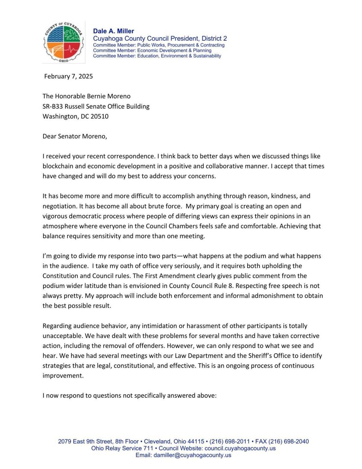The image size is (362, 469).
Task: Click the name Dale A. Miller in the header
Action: tap(113, 31)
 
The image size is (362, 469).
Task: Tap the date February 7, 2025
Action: tap(68, 76)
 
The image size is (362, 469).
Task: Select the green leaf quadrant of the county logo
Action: tap(71, 34)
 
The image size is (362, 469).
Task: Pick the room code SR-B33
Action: tap(53, 106)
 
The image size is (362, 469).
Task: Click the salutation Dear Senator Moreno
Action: tap(75, 136)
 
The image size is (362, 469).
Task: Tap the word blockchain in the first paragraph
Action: tap(57, 166)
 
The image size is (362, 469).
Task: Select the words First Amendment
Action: tap(165, 276)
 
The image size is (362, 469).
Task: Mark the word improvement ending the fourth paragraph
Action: tap(63, 376)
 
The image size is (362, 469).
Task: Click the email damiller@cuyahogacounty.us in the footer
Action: tap(192, 455)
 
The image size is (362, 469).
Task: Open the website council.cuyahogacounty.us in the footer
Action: tap(240, 448)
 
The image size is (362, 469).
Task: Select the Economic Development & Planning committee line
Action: tap(152, 50)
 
